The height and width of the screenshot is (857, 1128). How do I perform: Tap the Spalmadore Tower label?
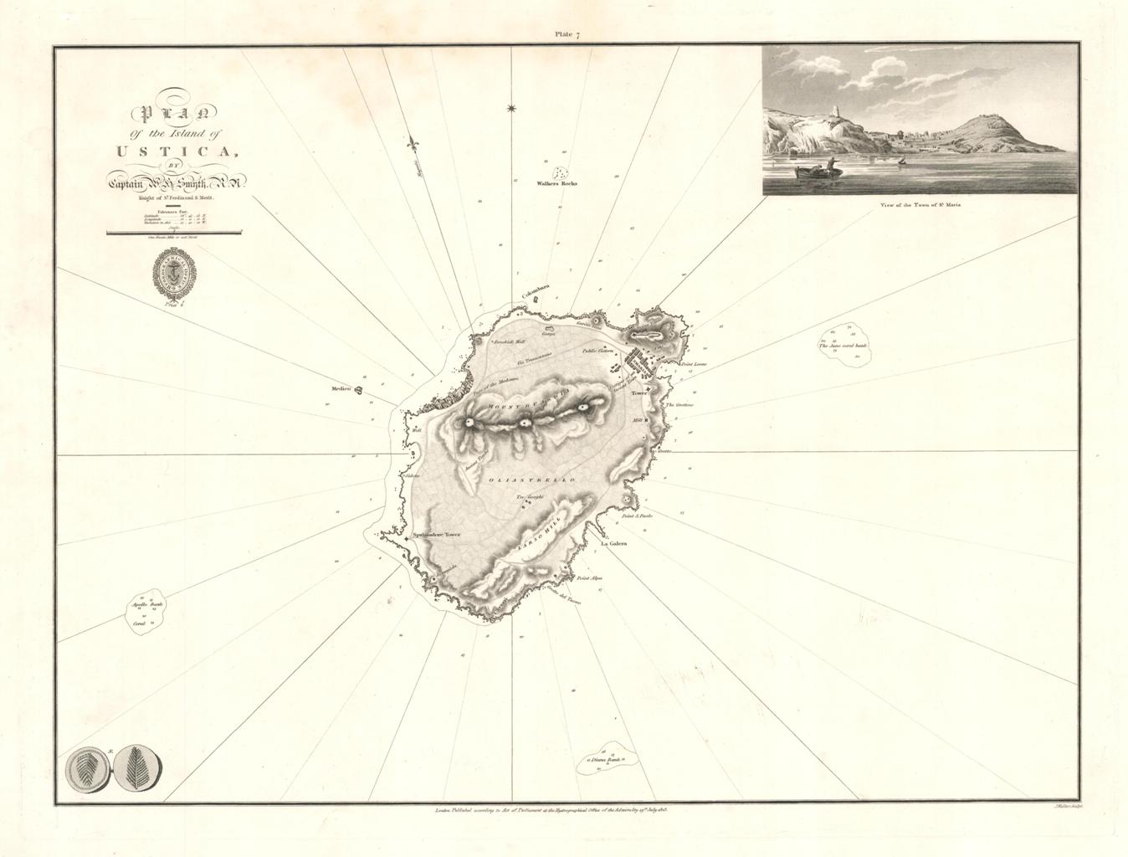coord(437,533)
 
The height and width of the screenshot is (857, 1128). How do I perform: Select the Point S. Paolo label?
coord(637,516)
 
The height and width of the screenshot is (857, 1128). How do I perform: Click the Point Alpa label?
coord(589,578)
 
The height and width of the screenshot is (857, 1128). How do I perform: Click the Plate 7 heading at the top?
coord(563,34)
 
